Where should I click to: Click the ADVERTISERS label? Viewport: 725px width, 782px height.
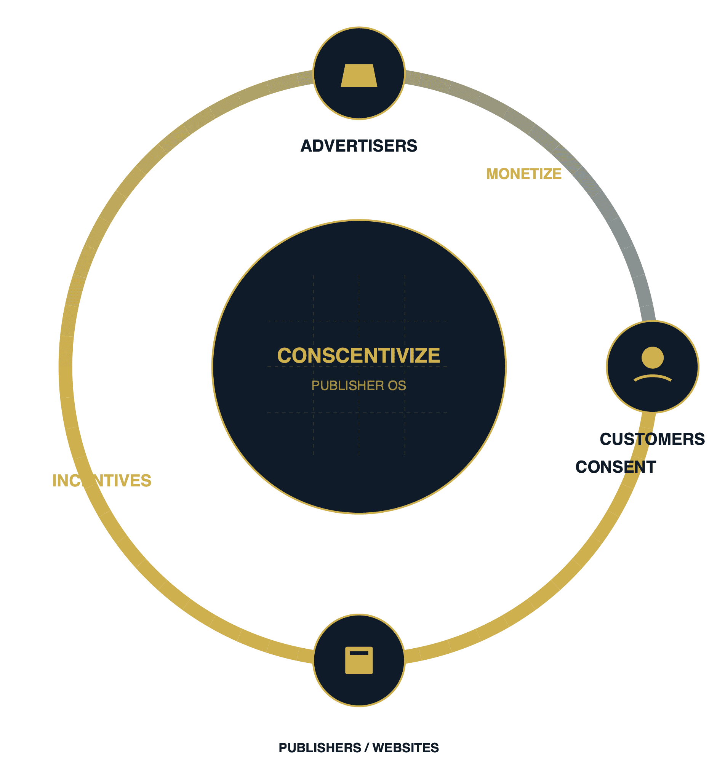coord(358,146)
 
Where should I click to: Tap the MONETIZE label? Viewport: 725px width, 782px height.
coord(523,174)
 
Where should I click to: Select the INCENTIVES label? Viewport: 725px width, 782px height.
coord(102,480)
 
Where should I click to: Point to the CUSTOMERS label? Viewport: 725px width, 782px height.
coord(652,439)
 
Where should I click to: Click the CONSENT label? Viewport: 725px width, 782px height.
coord(615,467)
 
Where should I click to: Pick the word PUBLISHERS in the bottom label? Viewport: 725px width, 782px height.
coord(320,747)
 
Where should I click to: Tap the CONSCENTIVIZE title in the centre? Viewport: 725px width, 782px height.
coord(358,355)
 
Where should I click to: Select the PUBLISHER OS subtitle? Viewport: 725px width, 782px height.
coord(358,385)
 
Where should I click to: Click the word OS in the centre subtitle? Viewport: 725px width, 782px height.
coord(397,385)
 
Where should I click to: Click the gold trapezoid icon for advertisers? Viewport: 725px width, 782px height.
coord(358,75)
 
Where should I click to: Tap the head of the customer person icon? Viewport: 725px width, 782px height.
coord(652,357)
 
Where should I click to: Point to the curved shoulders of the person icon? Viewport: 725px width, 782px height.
coord(652,377)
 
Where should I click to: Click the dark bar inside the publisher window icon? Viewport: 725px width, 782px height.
coord(358,653)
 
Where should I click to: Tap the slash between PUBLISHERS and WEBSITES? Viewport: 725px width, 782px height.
coord(367,747)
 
